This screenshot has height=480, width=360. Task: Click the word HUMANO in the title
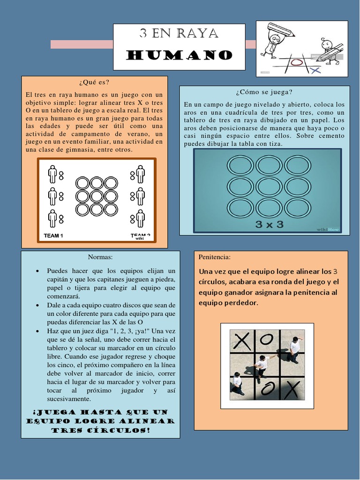click(180, 55)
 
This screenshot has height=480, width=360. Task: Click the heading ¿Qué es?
click(95, 82)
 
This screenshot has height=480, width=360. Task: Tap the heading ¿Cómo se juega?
click(264, 91)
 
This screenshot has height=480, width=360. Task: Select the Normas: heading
click(100, 257)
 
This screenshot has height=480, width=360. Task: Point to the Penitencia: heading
click(215, 257)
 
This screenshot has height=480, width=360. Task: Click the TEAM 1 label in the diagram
click(53, 236)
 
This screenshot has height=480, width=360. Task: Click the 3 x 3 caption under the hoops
click(269, 224)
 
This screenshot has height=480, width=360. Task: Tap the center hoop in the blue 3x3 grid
click(269, 186)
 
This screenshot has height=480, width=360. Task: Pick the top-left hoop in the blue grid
click(240, 165)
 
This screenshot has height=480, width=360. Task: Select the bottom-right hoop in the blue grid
click(297, 207)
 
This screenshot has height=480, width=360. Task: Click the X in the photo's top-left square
click(242, 341)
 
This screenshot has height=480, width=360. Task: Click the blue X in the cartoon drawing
click(315, 70)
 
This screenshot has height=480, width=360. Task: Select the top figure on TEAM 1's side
click(52, 174)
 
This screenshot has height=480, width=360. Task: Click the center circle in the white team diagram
click(97, 195)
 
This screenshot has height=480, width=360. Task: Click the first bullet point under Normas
click(37, 271)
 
